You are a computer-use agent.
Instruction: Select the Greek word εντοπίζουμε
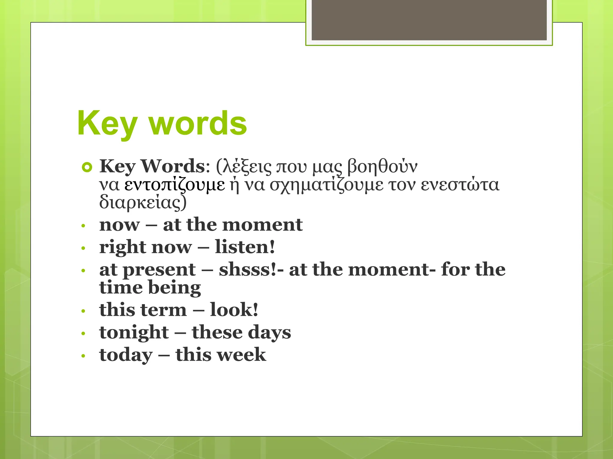(175, 185)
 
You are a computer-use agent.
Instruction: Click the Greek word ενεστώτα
(460, 184)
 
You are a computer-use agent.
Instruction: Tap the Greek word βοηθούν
(382, 166)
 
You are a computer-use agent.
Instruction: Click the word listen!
(245, 247)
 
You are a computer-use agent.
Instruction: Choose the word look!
(234, 310)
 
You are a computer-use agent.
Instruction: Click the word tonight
(134, 333)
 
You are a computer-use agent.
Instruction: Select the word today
(126, 355)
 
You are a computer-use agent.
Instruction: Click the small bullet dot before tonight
(84, 333)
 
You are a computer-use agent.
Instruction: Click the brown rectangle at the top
(429, 20)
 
